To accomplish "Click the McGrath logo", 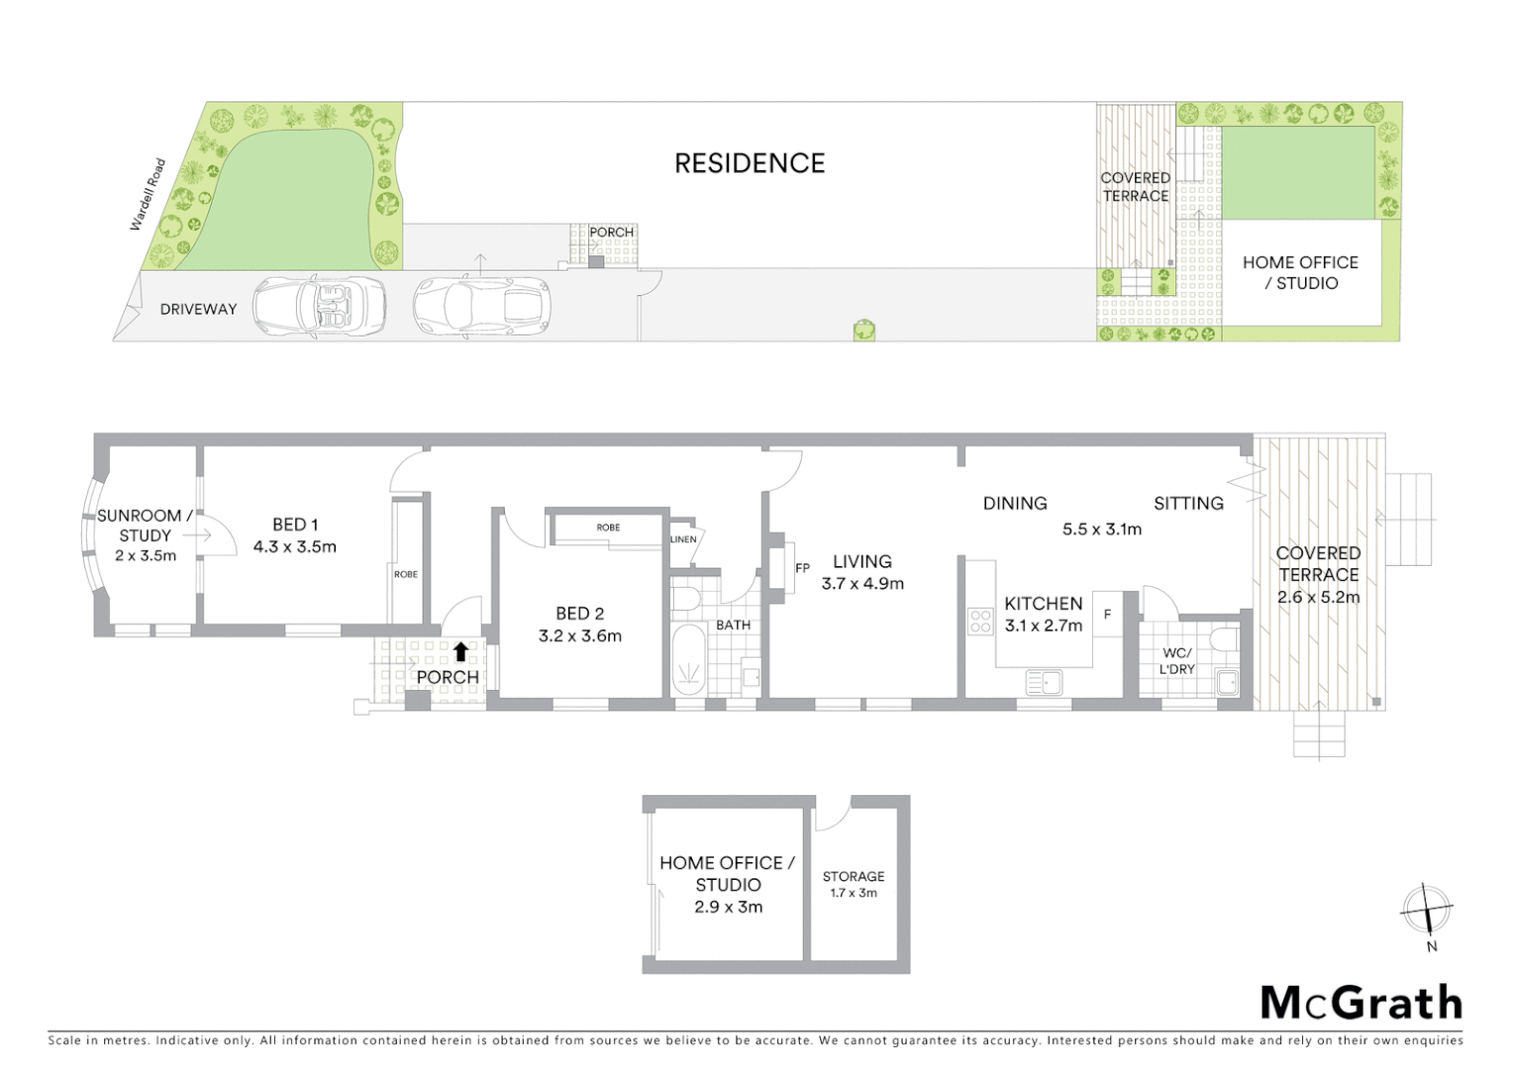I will pyautogui.click(x=1361, y=1003).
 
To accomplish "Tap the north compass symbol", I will pyautogui.click(x=1426, y=910).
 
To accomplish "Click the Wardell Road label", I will pyautogui.click(x=148, y=195).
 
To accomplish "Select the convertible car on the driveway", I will pyautogui.click(x=319, y=305).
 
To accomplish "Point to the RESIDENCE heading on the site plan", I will pyautogui.click(x=749, y=163).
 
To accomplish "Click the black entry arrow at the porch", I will pyautogui.click(x=460, y=651).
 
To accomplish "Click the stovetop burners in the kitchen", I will pyautogui.click(x=980, y=622).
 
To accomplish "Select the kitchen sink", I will pyautogui.click(x=1044, y=682).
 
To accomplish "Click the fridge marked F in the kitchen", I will pyautogui.click(x=1107, y=615).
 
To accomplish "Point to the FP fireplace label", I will pyautogui.click(x=802, y=568).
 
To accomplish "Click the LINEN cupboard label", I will pyautogui.click(x=683, y=539).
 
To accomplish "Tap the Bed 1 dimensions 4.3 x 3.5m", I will pyautogui.click(x=295, y=546).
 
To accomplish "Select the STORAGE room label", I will pyautogui.click(x=853, y=876).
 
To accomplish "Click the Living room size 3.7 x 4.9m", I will pyautogui.click(x=861, y=584).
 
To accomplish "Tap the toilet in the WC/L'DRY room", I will pyautogui.click(x=1225, y=639).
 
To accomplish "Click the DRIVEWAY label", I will pyautogui.click(x=198, y=309).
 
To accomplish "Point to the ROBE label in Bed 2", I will pyautogui.click(x=608, y=528).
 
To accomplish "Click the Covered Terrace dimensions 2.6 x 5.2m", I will pyautogui.click(x=1318, y=597).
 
